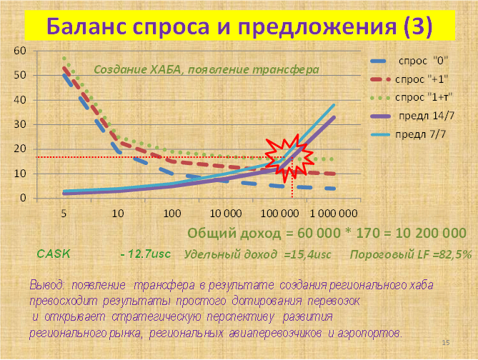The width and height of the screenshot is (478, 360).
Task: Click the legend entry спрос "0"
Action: coord(409,61)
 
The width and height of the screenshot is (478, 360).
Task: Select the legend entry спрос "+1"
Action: coord(409,79)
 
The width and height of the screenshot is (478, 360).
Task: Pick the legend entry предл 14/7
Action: coord(412,116)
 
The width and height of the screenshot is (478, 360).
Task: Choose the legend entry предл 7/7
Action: coord(408,134)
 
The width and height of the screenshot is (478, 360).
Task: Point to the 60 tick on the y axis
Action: coord(20,51)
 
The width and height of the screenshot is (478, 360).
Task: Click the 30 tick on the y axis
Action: coord(20,124)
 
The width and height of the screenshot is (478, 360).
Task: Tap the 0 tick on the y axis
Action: coord(23,198)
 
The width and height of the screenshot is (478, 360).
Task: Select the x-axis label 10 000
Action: coord(226,214)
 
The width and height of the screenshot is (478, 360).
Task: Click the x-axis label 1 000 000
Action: coord(334,214)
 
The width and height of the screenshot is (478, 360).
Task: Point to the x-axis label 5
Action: coord(64,214)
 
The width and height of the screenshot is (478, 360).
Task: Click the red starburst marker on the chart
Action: coord(289,158)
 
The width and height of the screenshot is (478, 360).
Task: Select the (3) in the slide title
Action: coord(418,26)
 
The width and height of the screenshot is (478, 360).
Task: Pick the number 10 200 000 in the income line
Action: coord(431,233)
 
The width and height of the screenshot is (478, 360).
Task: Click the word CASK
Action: coord(54,254)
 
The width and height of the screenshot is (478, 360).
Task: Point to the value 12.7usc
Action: coord(149,254)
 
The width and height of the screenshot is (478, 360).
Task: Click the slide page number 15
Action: coord(446,343)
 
